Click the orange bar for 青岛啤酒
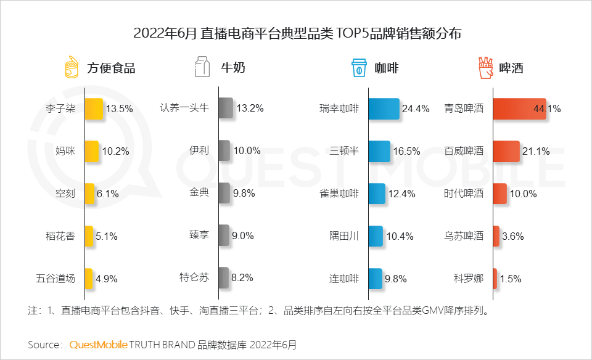point(519,108)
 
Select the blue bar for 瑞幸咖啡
point(384,108)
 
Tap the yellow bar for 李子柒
point(94,108)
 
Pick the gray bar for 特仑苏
point(224,277)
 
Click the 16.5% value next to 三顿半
point(408,151)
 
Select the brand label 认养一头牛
point(184,108)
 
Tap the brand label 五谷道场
point(55,278)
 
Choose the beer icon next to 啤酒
point(487,67)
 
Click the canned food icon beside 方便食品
point(73,67)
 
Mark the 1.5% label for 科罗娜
point(510,278)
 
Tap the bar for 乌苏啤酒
point(496,235)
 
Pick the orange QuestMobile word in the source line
point(98,343)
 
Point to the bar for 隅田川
point(376,235)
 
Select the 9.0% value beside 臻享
point(242,235)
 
